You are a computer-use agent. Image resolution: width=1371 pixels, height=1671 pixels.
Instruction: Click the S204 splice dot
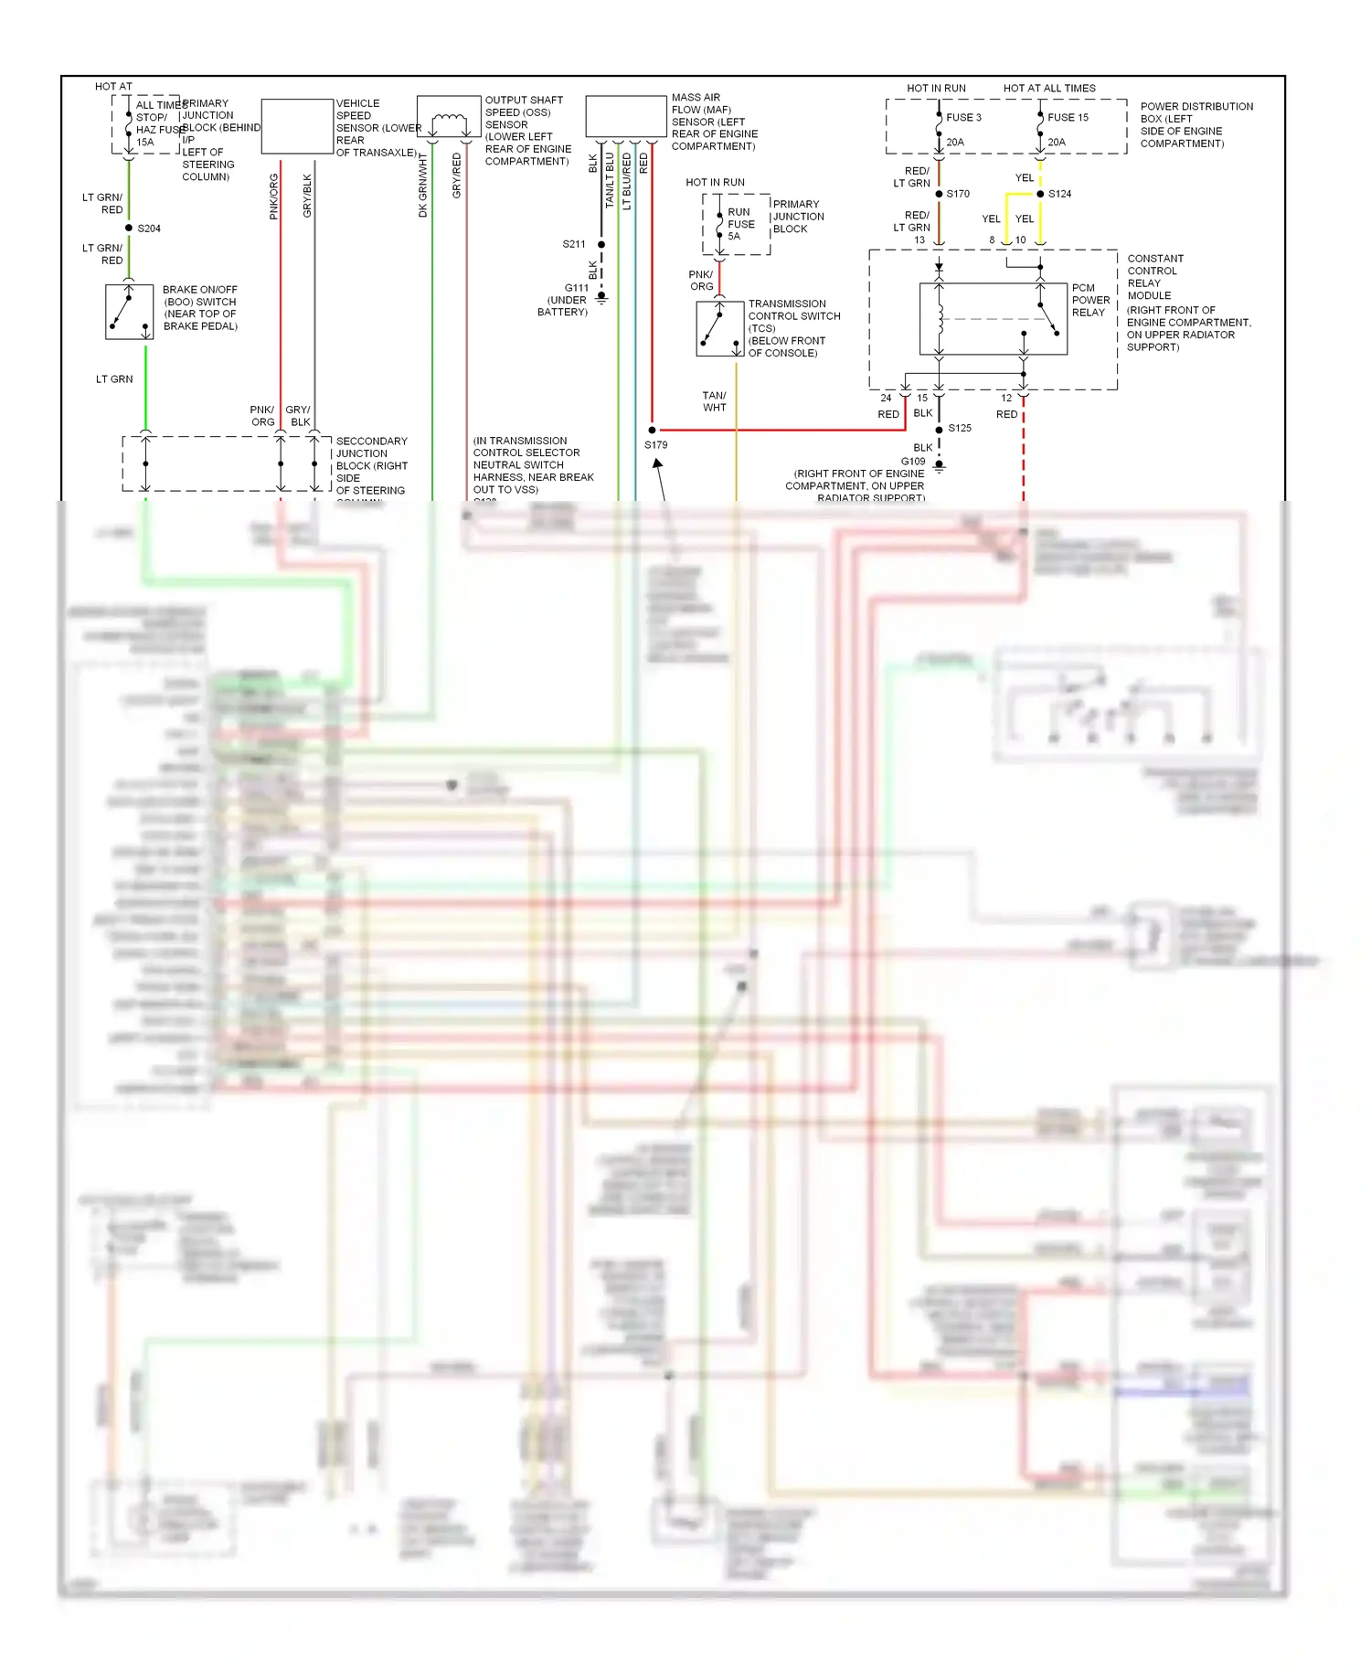click(129, 228)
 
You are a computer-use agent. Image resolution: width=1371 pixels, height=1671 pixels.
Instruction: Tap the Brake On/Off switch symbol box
click(129, 312)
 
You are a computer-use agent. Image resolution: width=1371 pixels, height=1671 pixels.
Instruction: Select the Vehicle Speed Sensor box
click(297, 126)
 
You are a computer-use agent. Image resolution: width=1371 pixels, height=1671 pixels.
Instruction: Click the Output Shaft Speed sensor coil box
click(449, 117)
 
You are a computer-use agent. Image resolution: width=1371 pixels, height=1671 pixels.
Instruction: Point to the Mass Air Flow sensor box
click(626, 117)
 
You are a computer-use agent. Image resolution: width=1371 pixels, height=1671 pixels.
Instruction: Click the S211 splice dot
click(601, 244)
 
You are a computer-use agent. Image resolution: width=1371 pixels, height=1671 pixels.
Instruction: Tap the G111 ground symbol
click(601, 297)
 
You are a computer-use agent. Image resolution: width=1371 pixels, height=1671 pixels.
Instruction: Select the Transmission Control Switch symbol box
click(719, 329)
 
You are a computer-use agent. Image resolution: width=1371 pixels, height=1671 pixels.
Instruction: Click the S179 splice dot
click(652, 430)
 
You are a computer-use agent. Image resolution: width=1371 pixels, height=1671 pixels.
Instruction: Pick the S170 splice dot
click(939, 194)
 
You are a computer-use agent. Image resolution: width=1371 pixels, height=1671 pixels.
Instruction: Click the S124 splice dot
click(1040, 194)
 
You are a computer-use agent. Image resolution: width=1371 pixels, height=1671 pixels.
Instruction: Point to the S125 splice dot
click(939, 429)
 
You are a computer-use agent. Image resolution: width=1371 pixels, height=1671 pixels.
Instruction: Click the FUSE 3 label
click(963, 117)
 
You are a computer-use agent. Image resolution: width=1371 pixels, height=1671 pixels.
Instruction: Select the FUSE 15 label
click(1068, 117)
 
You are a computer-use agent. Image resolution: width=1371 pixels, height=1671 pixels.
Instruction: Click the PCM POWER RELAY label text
click(1090, 300)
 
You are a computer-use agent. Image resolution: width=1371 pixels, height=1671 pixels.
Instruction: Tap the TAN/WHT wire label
click(715, 401)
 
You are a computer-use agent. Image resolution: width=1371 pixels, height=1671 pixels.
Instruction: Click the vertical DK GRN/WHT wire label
click(423, 185)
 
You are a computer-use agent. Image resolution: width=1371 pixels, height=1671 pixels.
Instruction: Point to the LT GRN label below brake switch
click(114, 378)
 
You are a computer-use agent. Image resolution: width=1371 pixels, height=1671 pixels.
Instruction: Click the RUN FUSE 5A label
click(740, 224)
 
